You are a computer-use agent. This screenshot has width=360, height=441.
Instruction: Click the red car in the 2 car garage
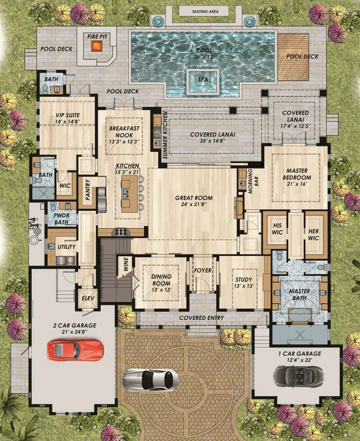pos(75,350)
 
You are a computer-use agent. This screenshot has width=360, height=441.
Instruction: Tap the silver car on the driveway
pos(150,379)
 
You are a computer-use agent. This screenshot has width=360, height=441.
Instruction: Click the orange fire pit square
pos(97,46)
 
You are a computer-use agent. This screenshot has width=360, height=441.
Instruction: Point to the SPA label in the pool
pos(202,80)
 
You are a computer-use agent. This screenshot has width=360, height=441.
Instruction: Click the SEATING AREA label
pos(204,12)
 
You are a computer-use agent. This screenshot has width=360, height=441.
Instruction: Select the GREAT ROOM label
pos(194,198)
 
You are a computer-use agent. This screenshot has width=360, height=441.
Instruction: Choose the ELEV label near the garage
pos(88,298)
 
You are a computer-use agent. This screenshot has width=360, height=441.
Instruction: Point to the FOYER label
pos(202,270)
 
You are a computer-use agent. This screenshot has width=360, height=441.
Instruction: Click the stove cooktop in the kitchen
pos(121,232)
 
